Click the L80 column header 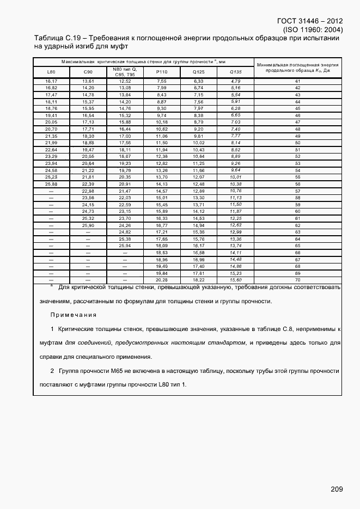(x=51, y=72)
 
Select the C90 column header (x=88, y=72)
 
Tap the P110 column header (x=161, y=72)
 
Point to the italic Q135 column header (x=235, y=72)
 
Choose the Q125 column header (x=198, y=72)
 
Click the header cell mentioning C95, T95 (x=125, y=72)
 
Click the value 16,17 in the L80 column (x=51, y=81)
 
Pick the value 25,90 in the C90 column (x=88, y=225)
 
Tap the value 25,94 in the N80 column (x=125, y=246)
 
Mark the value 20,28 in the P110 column (x=161, y=280)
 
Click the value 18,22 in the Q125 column (x=198, y=280)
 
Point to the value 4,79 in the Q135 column (x=235, y=81)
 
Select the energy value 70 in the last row (x=297, y=280)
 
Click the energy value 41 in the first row (x=297, y=81)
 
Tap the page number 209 (x=337, y=489)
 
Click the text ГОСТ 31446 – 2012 (x=308, y=21)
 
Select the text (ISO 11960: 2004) (x=313, y=30)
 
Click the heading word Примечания (x=73, y=315)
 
